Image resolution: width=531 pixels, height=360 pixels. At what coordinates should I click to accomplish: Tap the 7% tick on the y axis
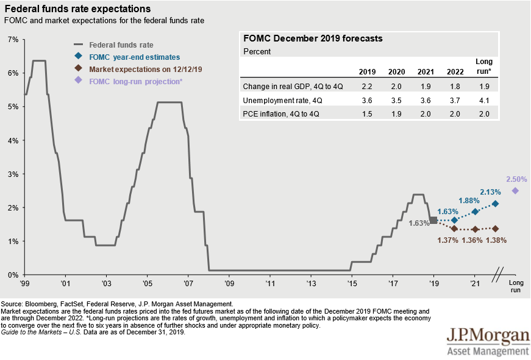pyautogui.click(x=12, y=40)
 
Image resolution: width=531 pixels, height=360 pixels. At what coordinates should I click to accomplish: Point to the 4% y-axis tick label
pyautogui.click(x=12, y=140)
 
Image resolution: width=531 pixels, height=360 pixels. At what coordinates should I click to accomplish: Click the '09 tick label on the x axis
pyautogui.click(x=229, y=284)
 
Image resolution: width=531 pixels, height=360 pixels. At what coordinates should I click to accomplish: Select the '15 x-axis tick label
pyautogui.click(x=351, y=284)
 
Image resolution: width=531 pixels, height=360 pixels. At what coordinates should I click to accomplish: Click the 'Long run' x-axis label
pyautogui.click(x=516, y=287)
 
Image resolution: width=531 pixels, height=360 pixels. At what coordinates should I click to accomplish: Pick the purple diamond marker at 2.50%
pyautogui.click(x=515, y=190)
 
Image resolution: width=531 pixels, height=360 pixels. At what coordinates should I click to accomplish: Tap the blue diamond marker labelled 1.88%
pyautogui.click(x=475, y=212)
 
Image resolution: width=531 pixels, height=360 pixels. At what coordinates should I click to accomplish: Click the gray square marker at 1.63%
pyautogui.click(x=433, y=220)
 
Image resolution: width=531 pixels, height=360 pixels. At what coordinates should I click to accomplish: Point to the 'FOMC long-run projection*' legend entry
pyautogui.click(x=135, y=81)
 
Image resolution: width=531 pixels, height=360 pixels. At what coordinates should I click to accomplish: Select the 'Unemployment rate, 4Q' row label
pyautogui.click(x=276, y=99)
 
